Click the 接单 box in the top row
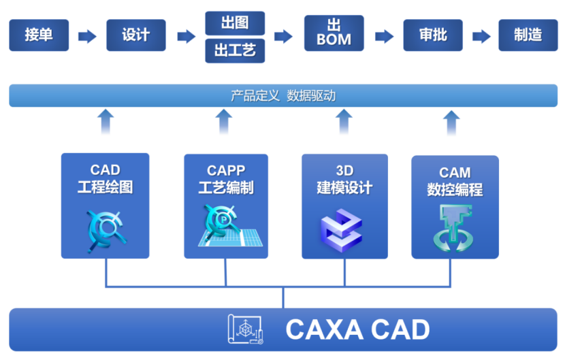click(x=39, y=35)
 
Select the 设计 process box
click(x=136, y=35)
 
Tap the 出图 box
click(x=235, y=23)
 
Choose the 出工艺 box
click(x=235, y=51)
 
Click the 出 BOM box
click(x=334, y=33)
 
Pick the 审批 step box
click(x=433, y=35)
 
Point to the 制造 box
click(x=528, y=35)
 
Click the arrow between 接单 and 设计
click(x=87, y=36)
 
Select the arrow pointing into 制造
click(x=481, y=36)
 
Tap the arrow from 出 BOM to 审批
click(x=384, y=36)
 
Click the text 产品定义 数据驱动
click(x=282, y=96)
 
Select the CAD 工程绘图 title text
click(x=105, y=179)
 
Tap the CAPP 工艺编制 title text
click(x=226, y=179)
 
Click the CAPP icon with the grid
click(x=225, y=227)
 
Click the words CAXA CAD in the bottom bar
click(x=357, y=329)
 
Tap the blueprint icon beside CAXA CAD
click(x=246, y=329)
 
